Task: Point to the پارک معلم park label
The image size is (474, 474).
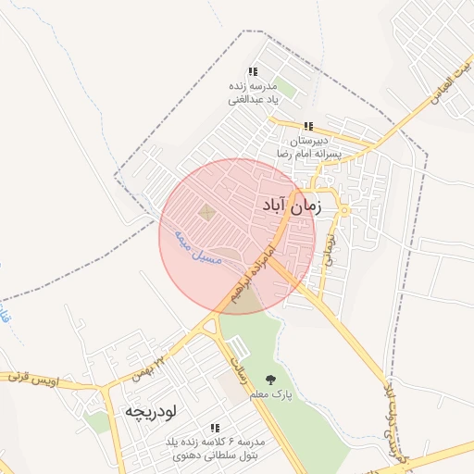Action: pos(270,395)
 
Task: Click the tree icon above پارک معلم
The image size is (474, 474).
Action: pos(270,379)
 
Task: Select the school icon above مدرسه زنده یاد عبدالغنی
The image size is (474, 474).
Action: pos(253,72)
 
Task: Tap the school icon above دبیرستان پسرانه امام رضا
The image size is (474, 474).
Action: pos(308,126)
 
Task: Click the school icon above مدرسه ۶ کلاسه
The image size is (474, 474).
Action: pos(215,428)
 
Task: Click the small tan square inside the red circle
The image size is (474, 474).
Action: pos(206,214)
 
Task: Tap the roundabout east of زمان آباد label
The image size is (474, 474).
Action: pos(343,210)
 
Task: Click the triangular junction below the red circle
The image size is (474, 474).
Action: pos(211,325)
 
